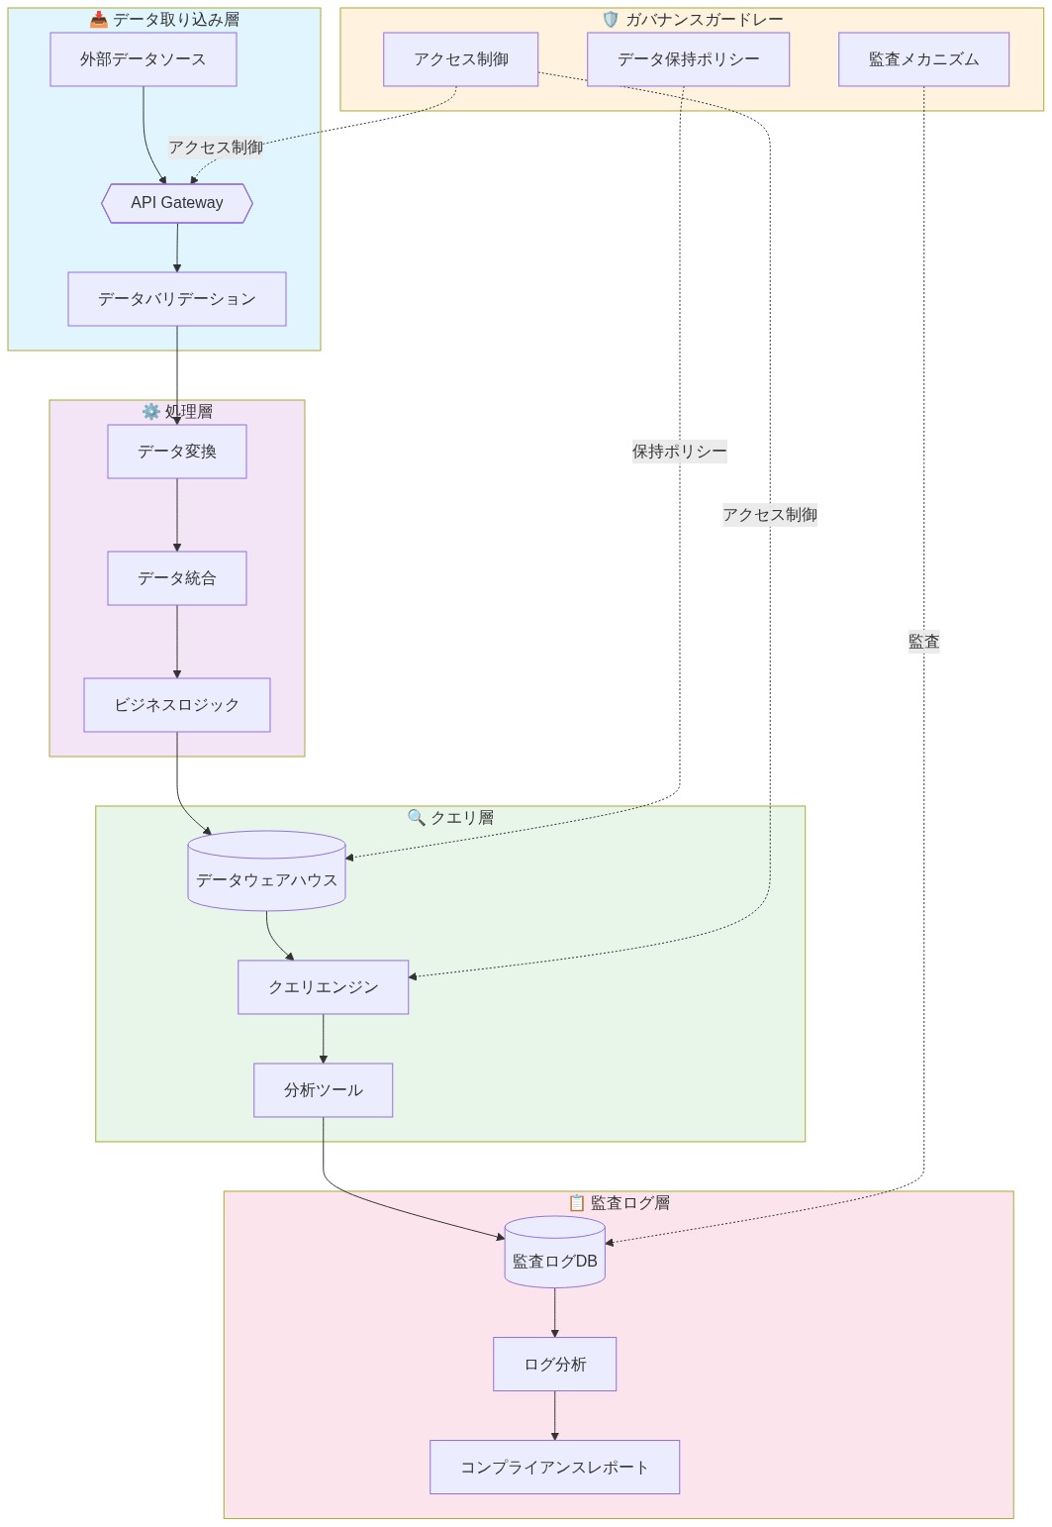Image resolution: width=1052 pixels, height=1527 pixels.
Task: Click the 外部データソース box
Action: coord(143,59)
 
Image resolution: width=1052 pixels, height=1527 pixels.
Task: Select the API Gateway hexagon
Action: coord(177,203)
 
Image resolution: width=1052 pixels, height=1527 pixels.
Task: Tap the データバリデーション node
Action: coord(177,299)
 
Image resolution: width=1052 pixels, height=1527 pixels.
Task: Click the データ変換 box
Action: coord(177,452)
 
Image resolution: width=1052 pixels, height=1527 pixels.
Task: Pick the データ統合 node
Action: coord(177,578)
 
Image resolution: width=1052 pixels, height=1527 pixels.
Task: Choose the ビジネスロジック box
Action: coord(177,705)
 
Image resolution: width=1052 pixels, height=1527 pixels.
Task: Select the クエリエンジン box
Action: coord(323,987)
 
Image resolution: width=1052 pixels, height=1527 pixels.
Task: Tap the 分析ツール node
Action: coord(323,1090)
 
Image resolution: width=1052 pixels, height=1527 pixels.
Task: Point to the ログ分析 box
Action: coord(554,1365)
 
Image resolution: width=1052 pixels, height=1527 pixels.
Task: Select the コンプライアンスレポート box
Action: coord(554,1468)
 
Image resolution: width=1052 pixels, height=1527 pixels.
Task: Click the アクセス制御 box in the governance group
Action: coord(460,59)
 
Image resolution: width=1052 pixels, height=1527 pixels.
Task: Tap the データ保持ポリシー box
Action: coord(688,59)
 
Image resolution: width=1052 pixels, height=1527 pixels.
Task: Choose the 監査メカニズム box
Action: coord(923,59)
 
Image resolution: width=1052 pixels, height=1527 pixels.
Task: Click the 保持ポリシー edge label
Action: coord(679,452)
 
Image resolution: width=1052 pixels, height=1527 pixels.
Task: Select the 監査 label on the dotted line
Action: coord(923,642)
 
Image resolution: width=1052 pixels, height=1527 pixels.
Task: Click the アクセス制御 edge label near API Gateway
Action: coord(216,148)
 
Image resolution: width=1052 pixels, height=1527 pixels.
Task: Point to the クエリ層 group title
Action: coord(450,818)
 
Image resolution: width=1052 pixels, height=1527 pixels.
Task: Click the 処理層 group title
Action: coord(177,412)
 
